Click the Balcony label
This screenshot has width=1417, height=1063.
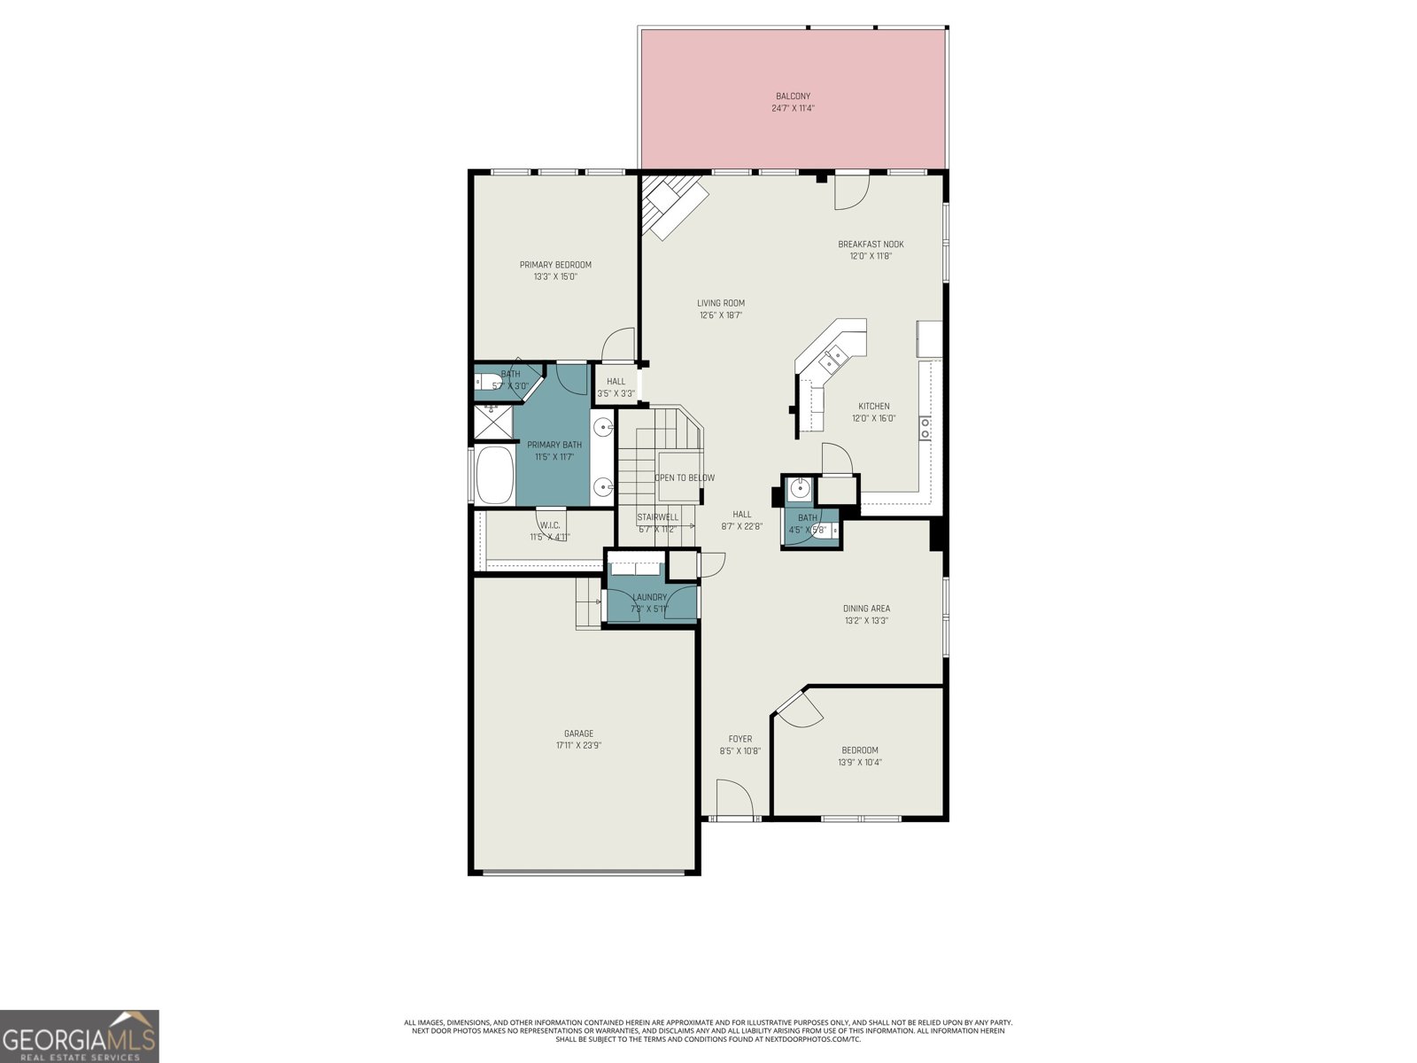point(793,96)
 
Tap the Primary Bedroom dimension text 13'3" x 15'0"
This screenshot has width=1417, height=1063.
point(555,276)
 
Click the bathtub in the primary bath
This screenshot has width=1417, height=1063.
point(495,476)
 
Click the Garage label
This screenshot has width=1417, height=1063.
point(578,733)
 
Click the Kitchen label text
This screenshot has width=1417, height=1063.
point(873,407)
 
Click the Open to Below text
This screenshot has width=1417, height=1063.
point(685,477)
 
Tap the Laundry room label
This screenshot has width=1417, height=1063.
point(649,597)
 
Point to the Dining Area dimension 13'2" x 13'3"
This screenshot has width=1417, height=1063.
point(866,620)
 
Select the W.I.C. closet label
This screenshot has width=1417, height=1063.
point(549,525)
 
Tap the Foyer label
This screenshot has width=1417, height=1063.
point(740,739)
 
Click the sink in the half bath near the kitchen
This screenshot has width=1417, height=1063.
point(800,487)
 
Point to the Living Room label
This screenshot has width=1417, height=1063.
point(720,303)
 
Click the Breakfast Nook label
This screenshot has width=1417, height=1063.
point(871,244)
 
